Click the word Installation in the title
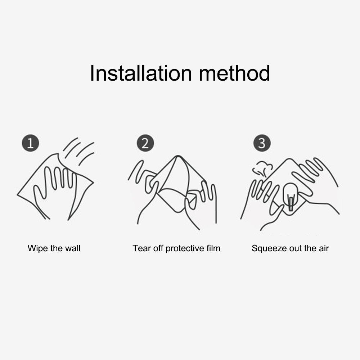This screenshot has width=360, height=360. point(141,73)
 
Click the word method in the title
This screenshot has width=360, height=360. point(234,73)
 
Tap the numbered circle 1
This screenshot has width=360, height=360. point(30,143)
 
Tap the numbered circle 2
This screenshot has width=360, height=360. point(145,143)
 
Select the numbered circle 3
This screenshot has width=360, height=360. point(262,143)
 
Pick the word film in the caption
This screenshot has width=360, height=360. point(213,248)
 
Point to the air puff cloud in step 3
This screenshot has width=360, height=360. point(262,169)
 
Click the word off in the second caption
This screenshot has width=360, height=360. point(158,248)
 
